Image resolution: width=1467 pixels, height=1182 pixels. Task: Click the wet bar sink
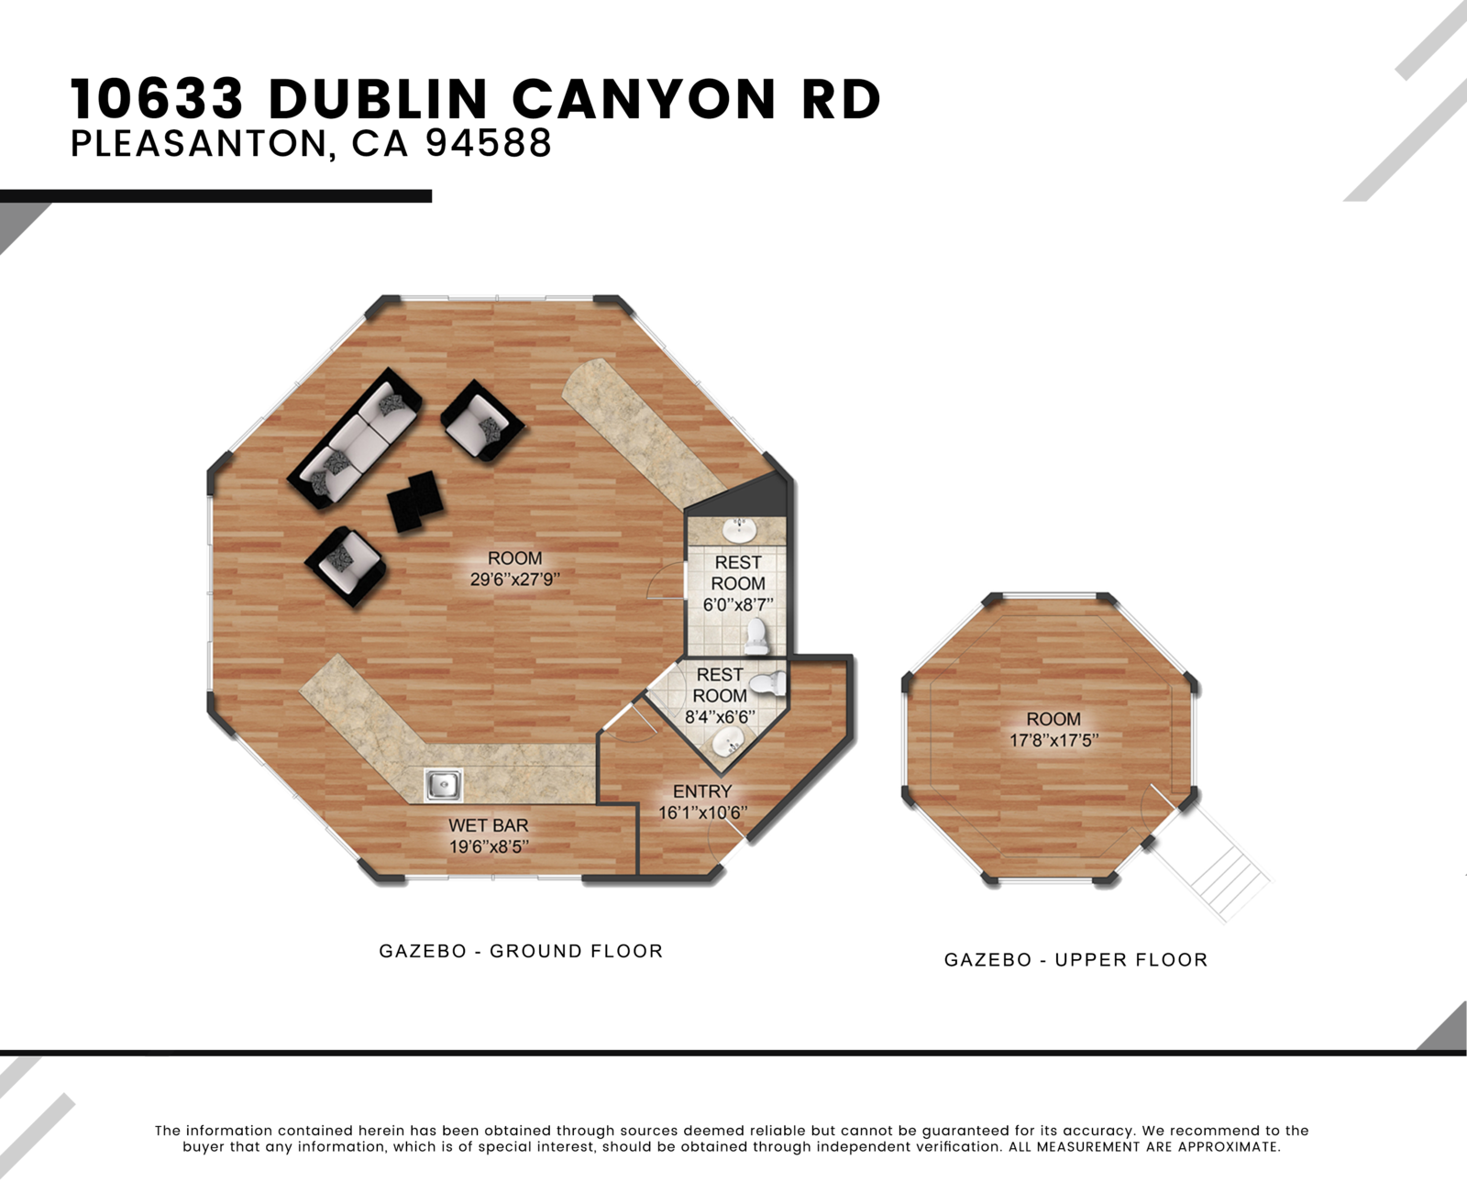pos(443,784)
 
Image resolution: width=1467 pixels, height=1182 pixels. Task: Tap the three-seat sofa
pos(355,438)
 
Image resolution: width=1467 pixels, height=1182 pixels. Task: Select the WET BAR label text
pos(488,825)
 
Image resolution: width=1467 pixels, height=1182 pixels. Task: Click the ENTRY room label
pos(702,791)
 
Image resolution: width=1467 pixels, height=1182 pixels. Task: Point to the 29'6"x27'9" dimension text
pos(514,579)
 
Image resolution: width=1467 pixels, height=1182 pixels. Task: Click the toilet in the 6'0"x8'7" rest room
pos(756,636)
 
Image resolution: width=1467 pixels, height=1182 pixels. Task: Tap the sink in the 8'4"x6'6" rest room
pos(728,742)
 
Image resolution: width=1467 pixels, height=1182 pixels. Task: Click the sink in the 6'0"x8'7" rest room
pos(738,530)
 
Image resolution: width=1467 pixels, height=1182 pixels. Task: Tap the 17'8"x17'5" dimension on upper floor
pos(1053,740)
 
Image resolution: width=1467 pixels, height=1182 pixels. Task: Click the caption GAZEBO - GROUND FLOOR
pos(521,951)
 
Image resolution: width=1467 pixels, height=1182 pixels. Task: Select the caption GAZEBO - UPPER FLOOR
pos(1075,960)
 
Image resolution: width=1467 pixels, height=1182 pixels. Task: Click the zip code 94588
pos(489,143)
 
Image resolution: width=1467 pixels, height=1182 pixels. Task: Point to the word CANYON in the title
pos(645,99)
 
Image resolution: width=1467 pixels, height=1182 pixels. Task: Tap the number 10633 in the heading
pos(157,99)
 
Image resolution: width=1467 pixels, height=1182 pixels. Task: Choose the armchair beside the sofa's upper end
pos(482,421)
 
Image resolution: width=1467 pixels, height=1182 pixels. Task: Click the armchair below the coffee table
pos(346,566)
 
